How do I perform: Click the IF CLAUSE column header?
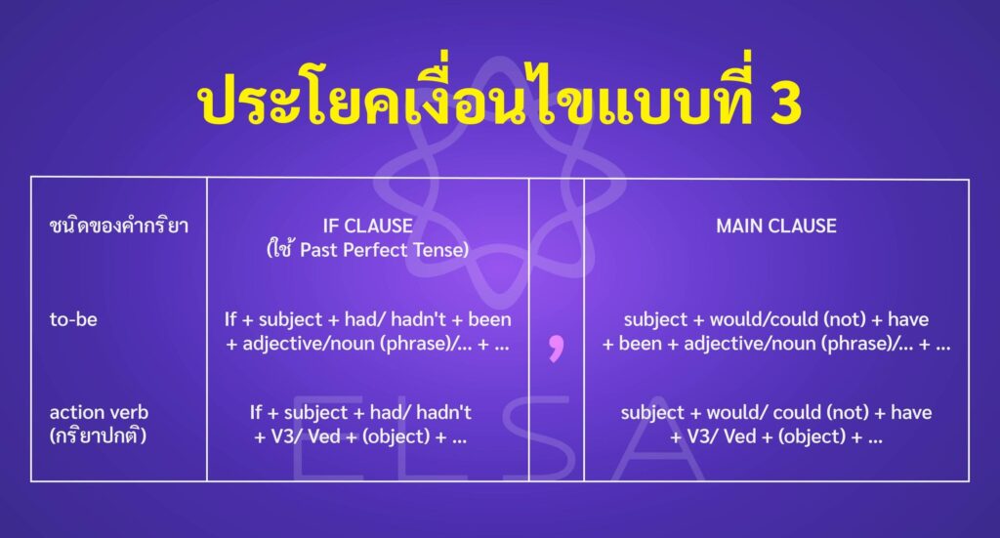pyautogui.click(x=367, y=226)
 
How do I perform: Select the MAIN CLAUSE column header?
pyautogui.click(x=776, y=226)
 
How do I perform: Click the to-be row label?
pyautogui.click(x=73, y=319)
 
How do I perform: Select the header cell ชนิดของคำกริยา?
pyautogui.click(x=118, y=226)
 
